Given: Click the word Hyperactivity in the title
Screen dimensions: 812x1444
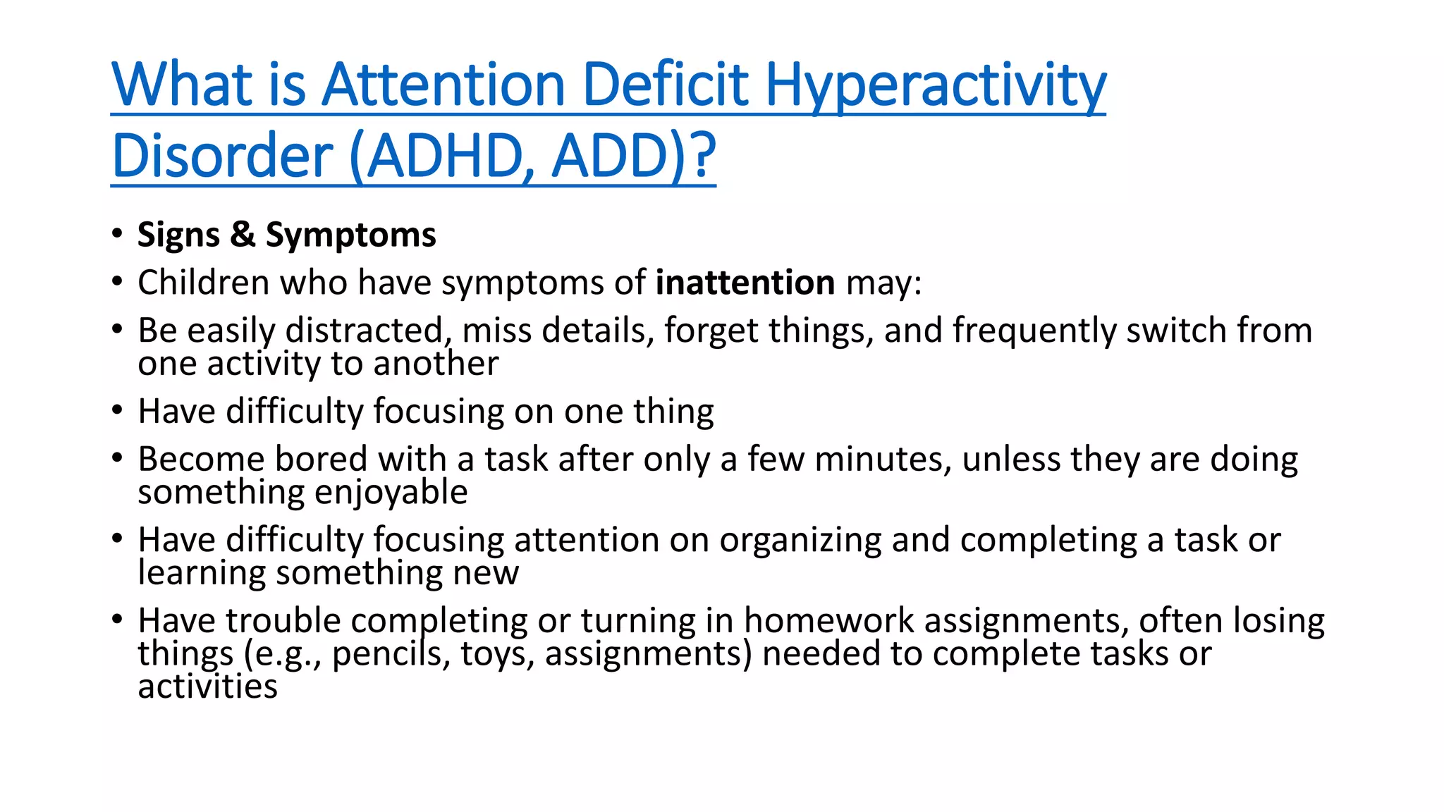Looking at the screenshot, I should (x=935, y=85).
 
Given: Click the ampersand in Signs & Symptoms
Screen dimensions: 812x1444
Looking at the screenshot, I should (x=243, y=234).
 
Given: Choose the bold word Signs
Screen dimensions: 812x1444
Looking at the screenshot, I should (x=178, y=235).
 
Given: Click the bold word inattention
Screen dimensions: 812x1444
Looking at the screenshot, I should (x=745, y=283).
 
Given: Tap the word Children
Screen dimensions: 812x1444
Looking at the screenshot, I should (x=204, y=283).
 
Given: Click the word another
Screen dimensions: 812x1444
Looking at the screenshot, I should (x=436, y=364).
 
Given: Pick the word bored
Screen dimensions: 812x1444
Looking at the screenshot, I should (x=321, y=459).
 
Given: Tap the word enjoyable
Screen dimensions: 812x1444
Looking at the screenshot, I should (x=391, y=493).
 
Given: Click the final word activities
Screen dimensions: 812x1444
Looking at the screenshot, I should (x=207, y=687).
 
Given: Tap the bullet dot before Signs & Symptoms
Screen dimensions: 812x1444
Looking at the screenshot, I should (x=117, y=233).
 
